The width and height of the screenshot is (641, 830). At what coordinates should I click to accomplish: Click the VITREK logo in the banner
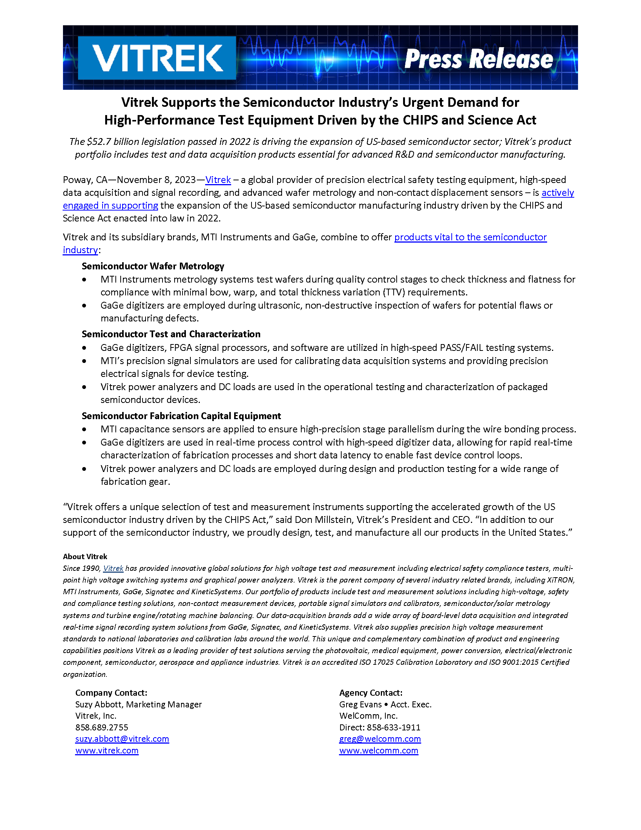click(157, 58)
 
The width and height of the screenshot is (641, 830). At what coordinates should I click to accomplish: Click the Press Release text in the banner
click(478, 59)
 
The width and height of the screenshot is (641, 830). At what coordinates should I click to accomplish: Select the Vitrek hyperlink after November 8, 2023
click(218, 180)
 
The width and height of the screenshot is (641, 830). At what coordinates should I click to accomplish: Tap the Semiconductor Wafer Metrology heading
click(153, 266)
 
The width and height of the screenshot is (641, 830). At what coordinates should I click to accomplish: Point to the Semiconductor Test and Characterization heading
click(171, 334)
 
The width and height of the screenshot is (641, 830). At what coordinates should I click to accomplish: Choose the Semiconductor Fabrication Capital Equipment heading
click(181, 416)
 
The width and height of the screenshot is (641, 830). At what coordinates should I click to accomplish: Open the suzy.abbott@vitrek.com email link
click(122, 739)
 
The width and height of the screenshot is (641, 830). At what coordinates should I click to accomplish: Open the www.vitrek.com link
click(107, 750)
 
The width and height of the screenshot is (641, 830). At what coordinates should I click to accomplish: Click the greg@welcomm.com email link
click(380, 739)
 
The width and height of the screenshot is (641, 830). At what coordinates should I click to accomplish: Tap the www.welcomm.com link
click(379, 750)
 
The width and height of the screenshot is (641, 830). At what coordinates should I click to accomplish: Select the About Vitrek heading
click(85, 556)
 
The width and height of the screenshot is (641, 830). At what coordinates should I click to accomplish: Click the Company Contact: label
click(111, 692)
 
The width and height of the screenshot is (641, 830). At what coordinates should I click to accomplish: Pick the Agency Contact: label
click(371, 692)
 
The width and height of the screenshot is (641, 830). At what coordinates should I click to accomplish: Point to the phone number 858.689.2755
click(102, 727)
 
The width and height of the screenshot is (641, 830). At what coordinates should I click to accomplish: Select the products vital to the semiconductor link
click(471, 237)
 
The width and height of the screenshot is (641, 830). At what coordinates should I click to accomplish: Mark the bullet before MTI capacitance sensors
click(84, 429)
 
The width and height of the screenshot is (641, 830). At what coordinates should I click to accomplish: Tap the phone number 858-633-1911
click(393, 727)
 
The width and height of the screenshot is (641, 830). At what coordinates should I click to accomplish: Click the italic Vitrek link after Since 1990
click(113, 568)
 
